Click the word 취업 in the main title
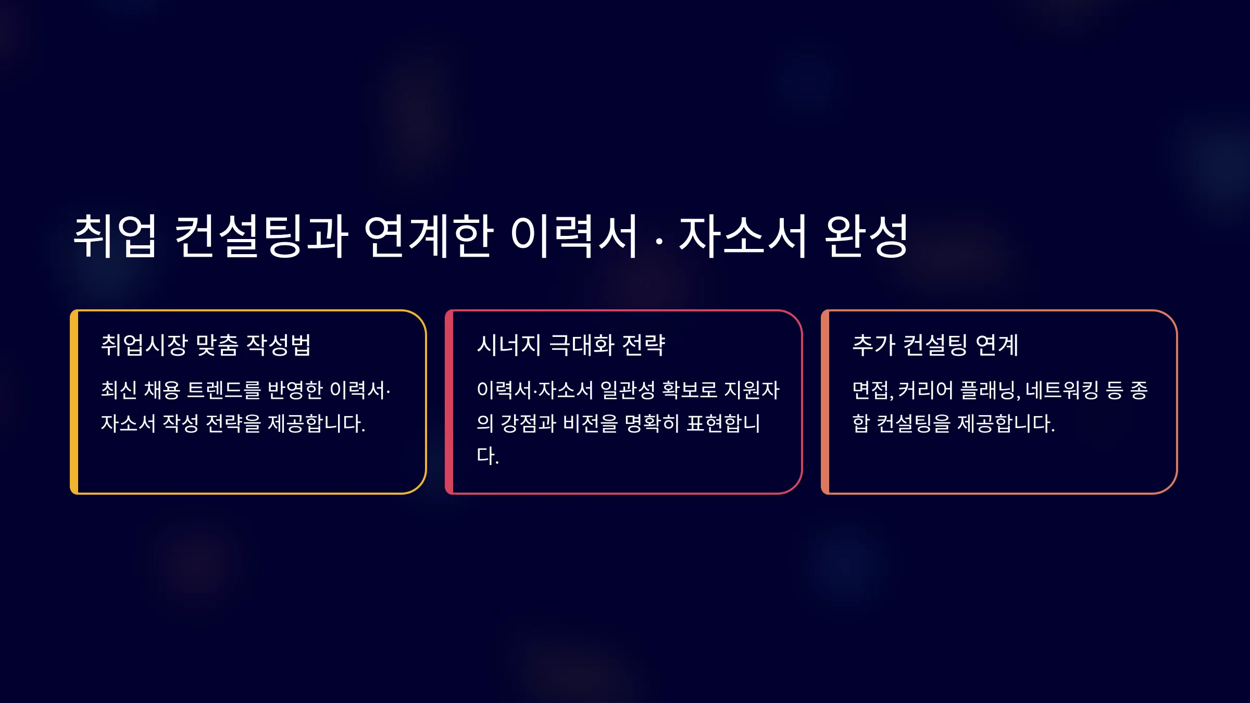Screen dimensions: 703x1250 pos(115,236)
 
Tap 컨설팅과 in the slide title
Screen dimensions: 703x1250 pos(261,236)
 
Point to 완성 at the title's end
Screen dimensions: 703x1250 pos(866,236)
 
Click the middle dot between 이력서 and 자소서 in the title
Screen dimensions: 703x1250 pos(659,241)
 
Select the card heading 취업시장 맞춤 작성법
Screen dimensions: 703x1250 pos(206,345)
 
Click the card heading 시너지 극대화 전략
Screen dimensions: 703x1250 pos(571,345)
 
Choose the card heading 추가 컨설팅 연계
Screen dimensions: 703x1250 pos(935,345)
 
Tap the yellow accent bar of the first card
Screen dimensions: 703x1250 pos(74,402)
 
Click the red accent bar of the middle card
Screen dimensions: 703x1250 pos(449,402)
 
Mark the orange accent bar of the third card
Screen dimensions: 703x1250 pos(825,402)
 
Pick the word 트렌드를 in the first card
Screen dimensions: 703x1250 pos(223,390)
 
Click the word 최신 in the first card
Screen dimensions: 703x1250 pos(119,390)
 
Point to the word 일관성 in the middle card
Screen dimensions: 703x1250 pos(628,390)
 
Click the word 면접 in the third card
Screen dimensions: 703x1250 pos(871,390)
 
